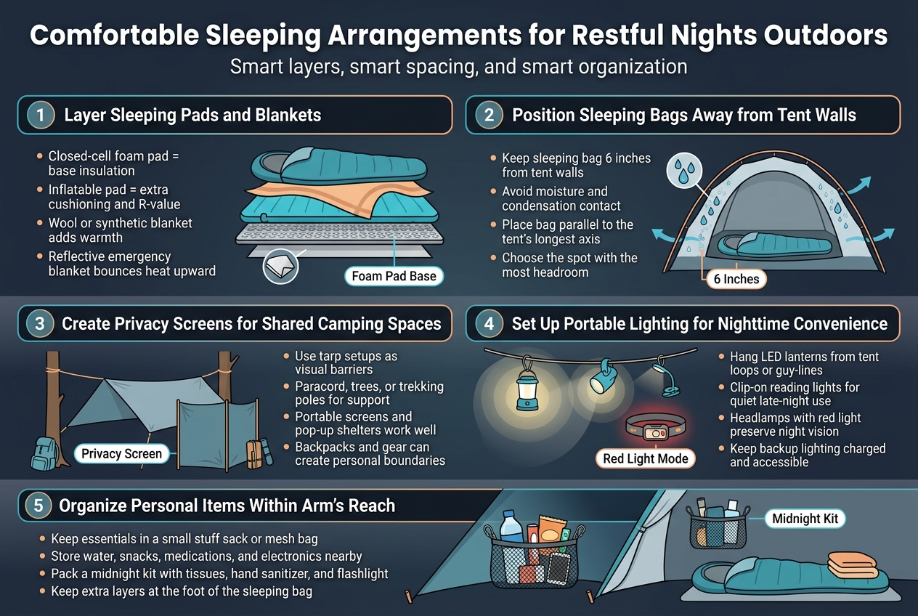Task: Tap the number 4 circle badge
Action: tap(490, 323)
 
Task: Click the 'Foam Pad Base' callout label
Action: tap(394, 276)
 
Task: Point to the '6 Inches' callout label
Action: tap(736, 279)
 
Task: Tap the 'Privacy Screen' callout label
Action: tap(121, 454)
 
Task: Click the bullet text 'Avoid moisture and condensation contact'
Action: tap(555, 198)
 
